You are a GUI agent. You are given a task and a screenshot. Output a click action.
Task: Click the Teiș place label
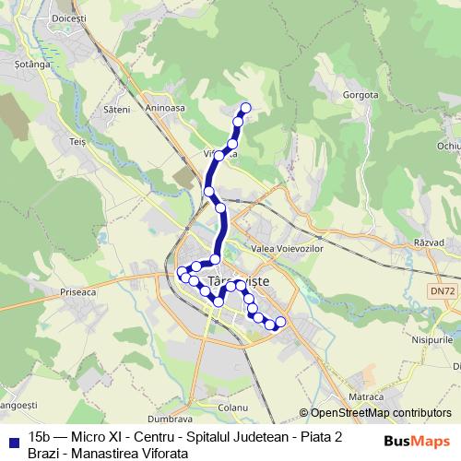(77, 143)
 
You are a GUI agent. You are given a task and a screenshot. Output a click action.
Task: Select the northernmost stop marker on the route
(245, 107)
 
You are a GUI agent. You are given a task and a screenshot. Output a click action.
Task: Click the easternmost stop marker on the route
(280, 321)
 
